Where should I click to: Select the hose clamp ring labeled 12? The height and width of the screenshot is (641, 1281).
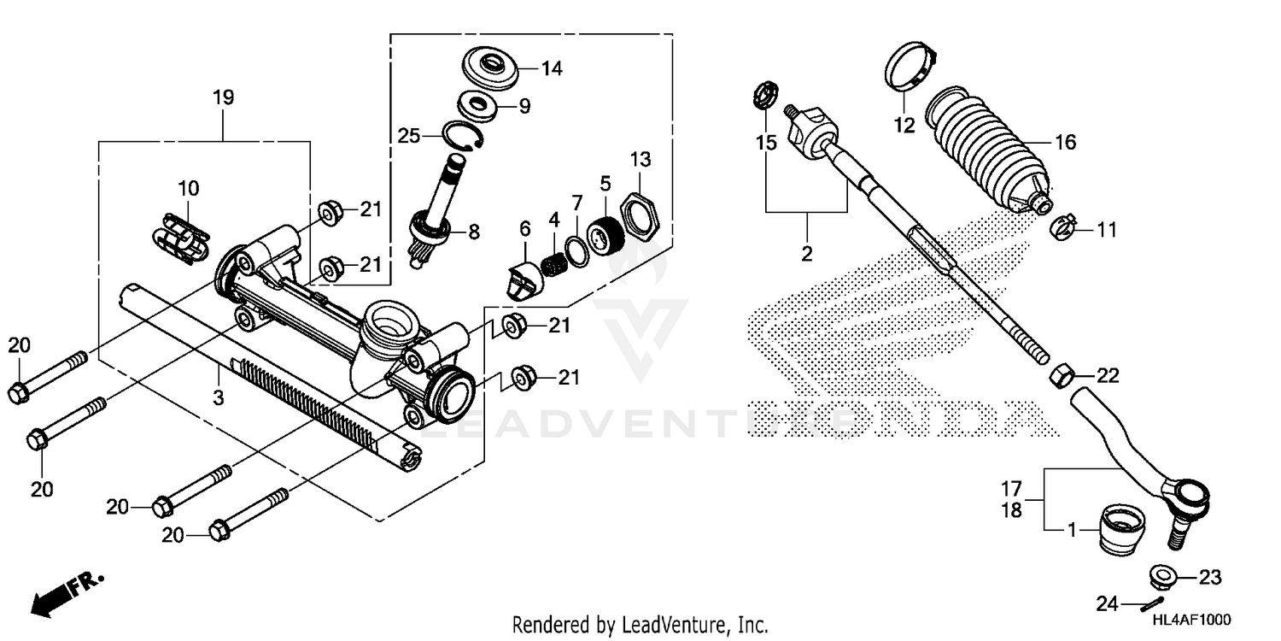(x=910, y=69)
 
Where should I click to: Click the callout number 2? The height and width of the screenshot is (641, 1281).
(x=806, y=254)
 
